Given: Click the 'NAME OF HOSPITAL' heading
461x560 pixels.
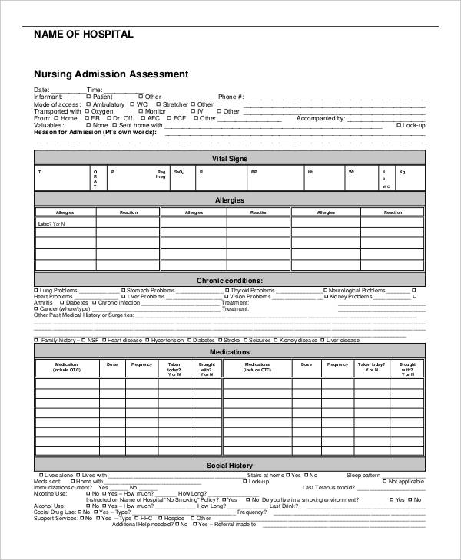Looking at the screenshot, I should pos(84,35).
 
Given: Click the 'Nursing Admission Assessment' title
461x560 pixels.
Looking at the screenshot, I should pos(111,74).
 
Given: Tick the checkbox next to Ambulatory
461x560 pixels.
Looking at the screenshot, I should pos(77,104).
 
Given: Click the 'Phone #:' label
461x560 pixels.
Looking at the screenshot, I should pos(230,97).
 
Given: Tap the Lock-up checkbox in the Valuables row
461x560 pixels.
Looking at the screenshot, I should pos(398,125).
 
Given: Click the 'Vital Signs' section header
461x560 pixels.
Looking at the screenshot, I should pos(229,158).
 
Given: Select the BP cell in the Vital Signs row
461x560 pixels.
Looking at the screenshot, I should pos(254,172).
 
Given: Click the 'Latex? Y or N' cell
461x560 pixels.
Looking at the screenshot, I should pos(51,224).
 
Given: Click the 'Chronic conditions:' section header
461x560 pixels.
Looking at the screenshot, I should pos(229,281).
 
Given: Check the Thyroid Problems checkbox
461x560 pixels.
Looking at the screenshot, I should pos(227,291).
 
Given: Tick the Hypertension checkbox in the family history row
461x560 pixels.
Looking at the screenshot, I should pos(148,340).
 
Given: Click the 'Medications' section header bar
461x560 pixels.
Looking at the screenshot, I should pos(229,352).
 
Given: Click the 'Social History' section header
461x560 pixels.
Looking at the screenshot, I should pos(229,466).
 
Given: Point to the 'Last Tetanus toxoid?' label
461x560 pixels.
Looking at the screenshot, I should pos(328,487).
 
